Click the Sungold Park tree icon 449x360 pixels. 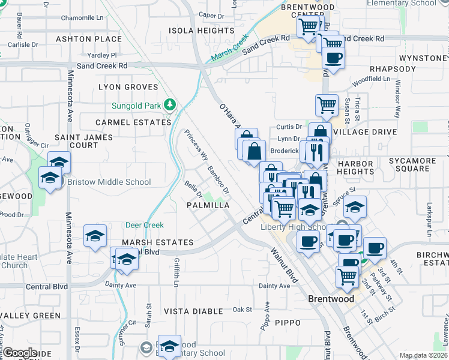tap(170, 106)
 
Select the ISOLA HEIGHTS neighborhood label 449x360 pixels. tap(201, 31)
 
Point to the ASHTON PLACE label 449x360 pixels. tap(89, 39)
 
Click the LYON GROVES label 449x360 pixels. tap(128, 87)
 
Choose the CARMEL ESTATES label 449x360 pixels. tap(134, 122)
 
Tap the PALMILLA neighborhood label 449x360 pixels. tap(208, 205)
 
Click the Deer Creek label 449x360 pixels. tap(144, 226)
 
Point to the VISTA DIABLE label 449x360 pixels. tap(193, 311)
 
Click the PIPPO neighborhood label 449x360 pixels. tap(288, 323)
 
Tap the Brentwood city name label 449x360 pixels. tap(331, 298)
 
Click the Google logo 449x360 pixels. tap(20, 353)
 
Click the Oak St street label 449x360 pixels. tap(242, 310)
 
